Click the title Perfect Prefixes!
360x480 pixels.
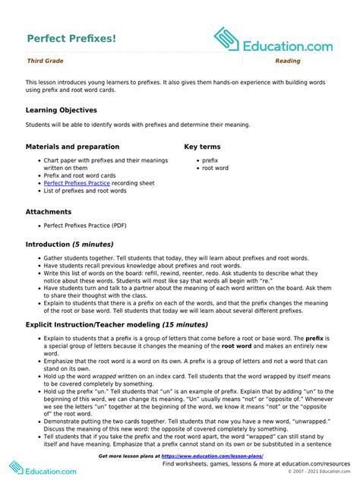71,37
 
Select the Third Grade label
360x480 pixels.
45,61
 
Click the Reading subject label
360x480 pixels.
288,61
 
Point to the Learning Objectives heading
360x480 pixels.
62,110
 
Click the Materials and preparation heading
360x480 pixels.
72,147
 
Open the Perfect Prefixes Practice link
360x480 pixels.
77,183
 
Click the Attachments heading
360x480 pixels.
49,212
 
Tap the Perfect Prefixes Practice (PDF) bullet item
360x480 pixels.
85,226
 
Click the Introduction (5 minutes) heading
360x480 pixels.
69,245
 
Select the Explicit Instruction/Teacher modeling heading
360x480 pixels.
106,324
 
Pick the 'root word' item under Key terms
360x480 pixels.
215,169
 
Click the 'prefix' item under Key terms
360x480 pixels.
210,161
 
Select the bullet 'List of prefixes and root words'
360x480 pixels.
85,191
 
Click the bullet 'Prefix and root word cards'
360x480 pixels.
80,175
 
